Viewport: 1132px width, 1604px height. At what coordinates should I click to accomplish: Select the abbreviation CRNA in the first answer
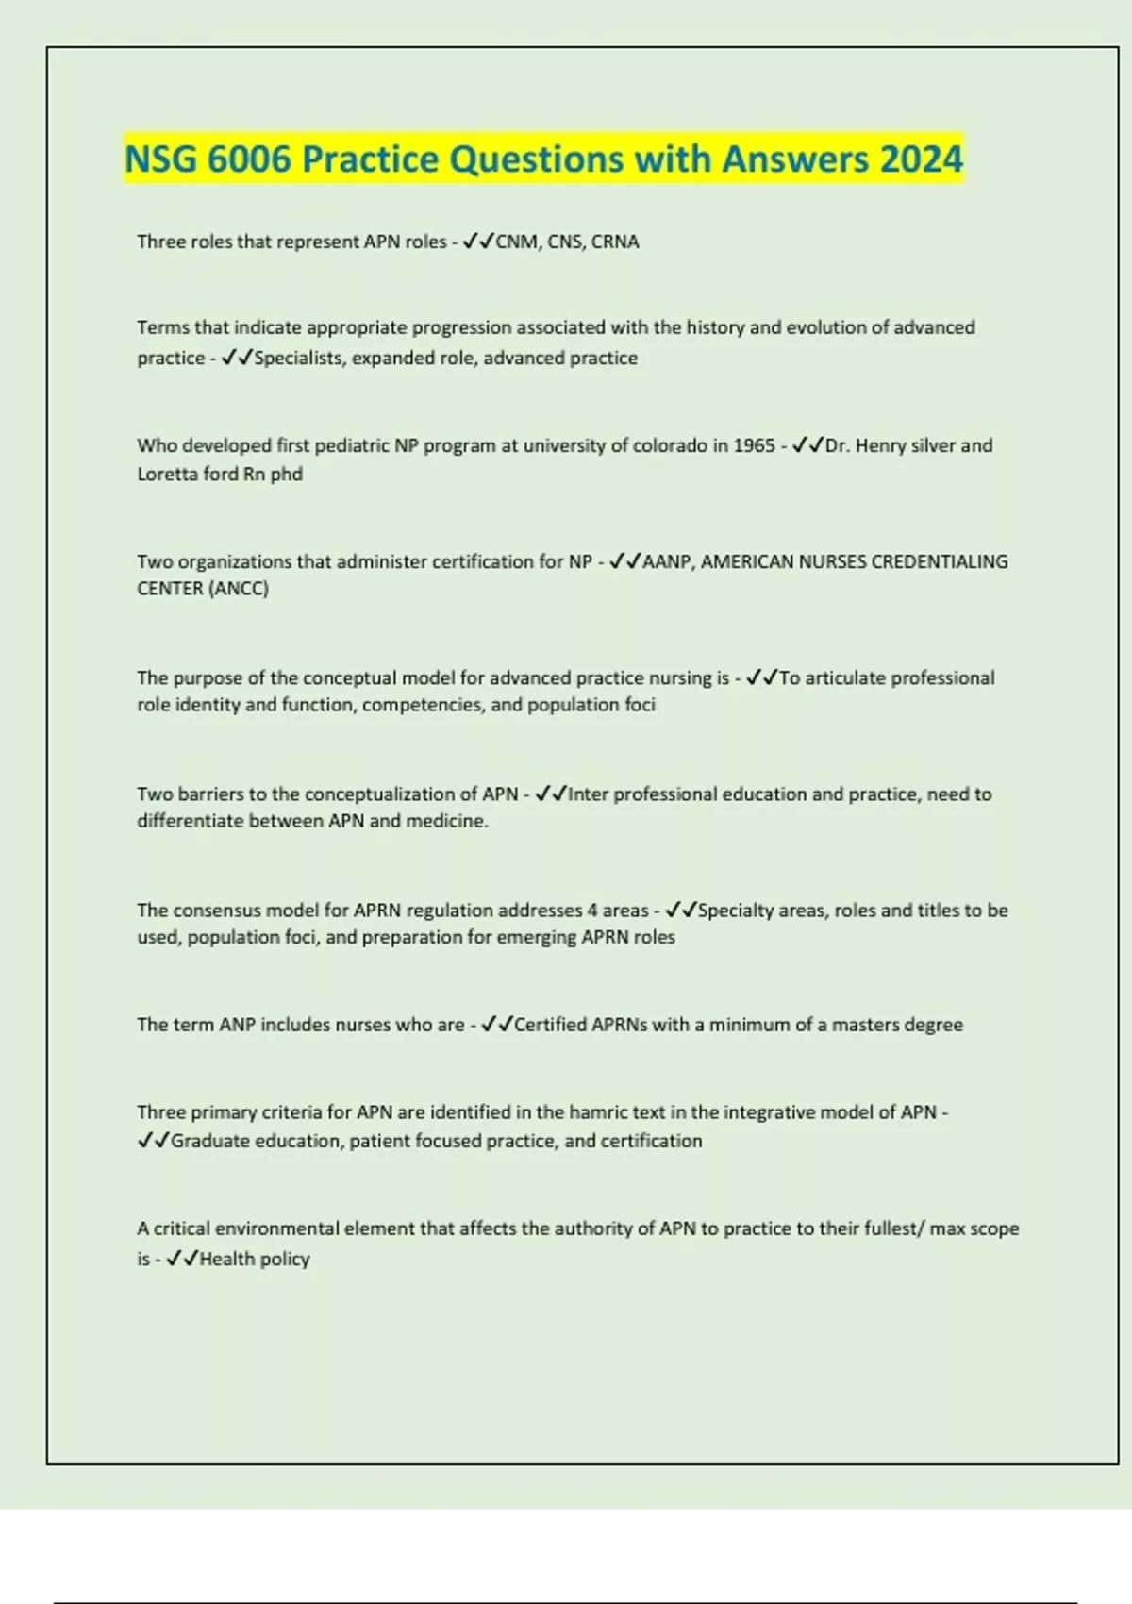[x=615, y=242]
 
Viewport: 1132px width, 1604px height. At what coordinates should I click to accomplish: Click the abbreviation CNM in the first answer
[x=516, y=242]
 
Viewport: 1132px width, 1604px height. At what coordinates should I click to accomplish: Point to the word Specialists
[x=300, y=359]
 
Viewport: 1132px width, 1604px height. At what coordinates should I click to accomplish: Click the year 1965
[x=753, y=445]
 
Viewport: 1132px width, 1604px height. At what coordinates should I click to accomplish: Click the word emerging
[x=536, y=938]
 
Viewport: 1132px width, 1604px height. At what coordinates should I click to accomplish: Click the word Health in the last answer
[x=225, y=1259]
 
